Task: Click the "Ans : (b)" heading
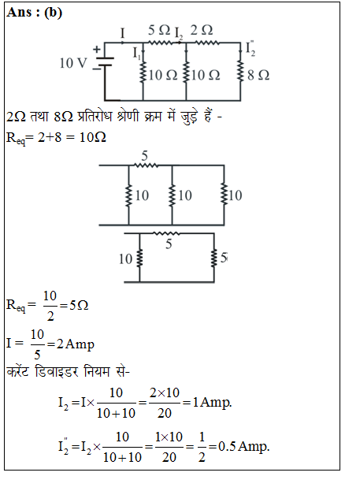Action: coord(35,13)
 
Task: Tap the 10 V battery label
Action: coord(73,63)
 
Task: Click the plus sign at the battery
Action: coord(97,49)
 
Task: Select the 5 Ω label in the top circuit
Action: coord(159,30)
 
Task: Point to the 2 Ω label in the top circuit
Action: coord(202,30)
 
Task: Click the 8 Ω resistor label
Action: coord(258,75)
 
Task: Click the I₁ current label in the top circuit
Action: coord(136,53)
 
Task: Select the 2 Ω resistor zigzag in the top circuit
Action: coord(207,43)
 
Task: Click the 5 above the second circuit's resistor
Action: coord(144,155)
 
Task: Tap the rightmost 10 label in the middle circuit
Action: coord(235,195)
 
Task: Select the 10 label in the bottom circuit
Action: coord(125,259)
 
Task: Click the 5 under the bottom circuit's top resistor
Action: coord(169,244)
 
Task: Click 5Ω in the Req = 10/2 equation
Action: coord(79,305)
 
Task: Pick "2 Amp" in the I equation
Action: coord(76,344)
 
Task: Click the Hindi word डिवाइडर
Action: coord(57,372)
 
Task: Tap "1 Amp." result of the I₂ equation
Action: coord(212,402)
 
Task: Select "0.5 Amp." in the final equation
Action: coord(244,446)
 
